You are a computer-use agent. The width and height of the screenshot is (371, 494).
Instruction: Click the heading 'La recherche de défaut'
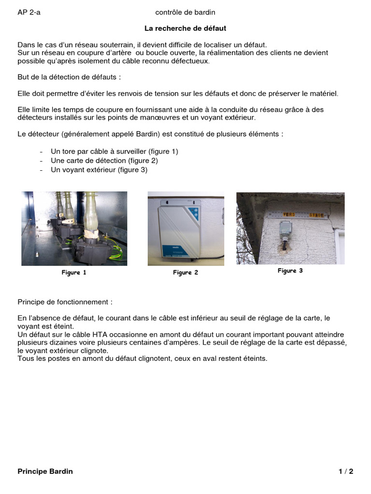[185, 28]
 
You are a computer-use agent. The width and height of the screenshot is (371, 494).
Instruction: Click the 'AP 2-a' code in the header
[29, 12]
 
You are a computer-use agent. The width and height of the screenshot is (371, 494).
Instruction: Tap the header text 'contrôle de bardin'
[185, 12]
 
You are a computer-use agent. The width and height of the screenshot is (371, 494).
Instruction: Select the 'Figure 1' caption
[74, 273]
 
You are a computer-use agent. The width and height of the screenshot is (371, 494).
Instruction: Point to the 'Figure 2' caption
[185, 273]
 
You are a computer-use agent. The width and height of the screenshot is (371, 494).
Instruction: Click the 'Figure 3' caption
[290, 271]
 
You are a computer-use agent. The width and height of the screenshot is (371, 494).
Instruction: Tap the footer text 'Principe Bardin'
[45, 471]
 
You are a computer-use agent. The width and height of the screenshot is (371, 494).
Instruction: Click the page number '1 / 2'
[345, 471]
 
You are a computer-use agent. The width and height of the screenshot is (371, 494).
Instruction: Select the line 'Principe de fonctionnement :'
[65, 302]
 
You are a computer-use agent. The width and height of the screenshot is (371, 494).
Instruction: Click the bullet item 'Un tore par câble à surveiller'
[114, 151]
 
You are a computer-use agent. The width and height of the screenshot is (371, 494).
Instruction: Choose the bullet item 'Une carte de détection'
[104, 161]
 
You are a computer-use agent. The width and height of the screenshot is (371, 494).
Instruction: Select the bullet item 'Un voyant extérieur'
[99, 170]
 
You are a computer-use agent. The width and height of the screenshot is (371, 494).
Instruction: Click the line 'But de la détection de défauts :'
[69, 77]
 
